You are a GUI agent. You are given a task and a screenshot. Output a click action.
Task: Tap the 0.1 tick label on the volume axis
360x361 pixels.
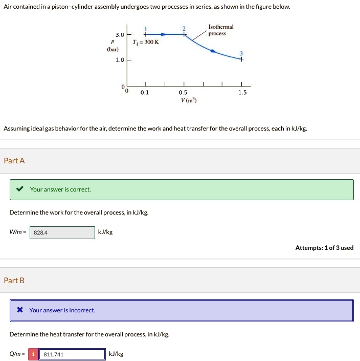(145, 93)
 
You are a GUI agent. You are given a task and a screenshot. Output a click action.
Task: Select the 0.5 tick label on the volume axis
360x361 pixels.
(183, 93)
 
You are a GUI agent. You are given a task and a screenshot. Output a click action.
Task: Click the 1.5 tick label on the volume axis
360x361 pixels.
(242, 93)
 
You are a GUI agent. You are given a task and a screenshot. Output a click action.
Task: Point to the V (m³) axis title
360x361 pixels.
(189, 100)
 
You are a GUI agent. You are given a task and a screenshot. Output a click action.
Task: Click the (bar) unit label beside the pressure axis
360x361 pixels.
(112, 49)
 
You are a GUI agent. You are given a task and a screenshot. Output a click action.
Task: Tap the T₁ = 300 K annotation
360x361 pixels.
(146, 42)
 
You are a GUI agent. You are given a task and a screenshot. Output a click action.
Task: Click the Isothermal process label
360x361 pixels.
(221, 30)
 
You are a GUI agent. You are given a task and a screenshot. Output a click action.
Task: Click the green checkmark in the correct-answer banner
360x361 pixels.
(19, 189)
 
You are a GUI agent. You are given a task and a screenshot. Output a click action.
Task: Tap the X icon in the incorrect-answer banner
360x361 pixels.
(19, 310)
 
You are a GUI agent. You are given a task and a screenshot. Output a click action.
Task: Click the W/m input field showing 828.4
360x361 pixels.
(62, 232)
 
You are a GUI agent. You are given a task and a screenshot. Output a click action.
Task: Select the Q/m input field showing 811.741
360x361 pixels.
(72, 354)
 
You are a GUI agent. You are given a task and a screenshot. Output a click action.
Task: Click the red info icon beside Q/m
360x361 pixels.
(33, 354)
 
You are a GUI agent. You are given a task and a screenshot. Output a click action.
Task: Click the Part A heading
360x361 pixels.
(14, 161)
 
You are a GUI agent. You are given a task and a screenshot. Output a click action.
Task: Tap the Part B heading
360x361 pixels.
(14, 281)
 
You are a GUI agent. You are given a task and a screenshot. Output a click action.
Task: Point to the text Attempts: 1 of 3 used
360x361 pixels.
(324, 248)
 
